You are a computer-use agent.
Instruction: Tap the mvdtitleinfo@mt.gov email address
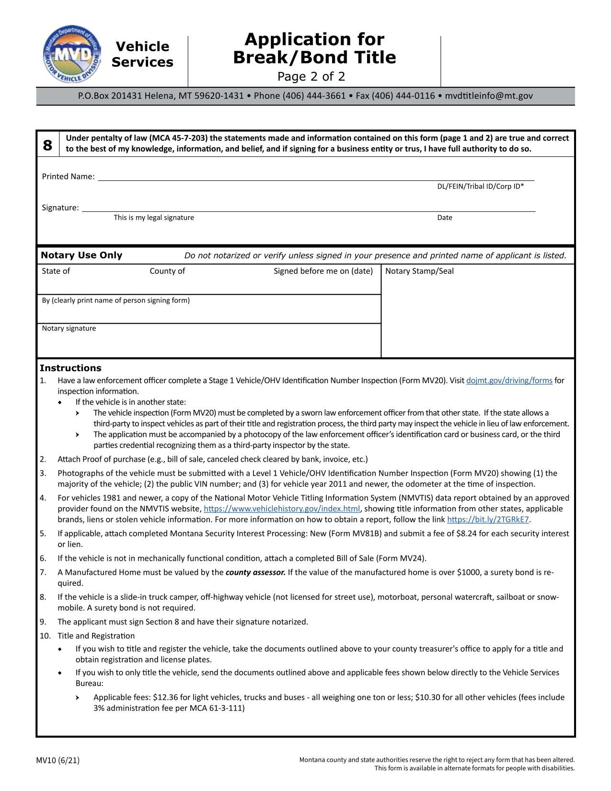(x=488, y=96)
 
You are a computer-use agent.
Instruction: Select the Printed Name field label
(x=68, y=176)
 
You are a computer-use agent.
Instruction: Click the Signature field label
(x=60, y=208)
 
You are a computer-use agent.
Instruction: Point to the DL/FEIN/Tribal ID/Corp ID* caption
(x=480, y=186)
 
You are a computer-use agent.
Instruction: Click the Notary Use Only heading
(x=81, y=255)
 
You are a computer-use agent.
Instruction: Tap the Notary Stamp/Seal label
(x=419, y=271)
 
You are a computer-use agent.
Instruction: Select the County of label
(x=167, y=271)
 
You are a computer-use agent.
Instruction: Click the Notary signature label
(x=69, y=328)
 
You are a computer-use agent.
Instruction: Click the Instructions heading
(x=70, y=368)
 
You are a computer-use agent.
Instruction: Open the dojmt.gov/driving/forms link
(x=509, y=381)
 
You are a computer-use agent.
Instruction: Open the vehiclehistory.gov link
(x=281, y=509)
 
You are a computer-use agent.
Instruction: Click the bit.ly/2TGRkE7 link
(x=488, y=520)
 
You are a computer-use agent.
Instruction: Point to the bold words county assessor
(x=255, y=572)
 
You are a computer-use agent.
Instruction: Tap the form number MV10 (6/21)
(x=58, y=760)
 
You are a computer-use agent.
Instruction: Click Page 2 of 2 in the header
(x=311, y=77)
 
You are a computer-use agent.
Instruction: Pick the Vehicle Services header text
(x=142, y=54)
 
